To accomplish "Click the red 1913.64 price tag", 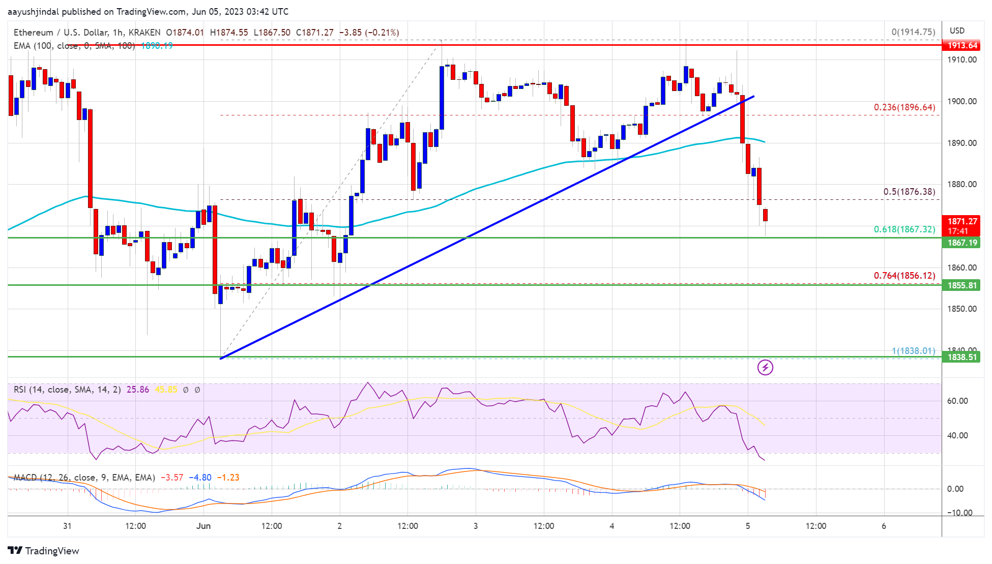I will pos(962,45).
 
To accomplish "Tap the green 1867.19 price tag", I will pos(962,243).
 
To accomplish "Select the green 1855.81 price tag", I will pos(962,285).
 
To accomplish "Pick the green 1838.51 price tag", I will pos(962,357).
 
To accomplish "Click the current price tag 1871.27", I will pos(962,222).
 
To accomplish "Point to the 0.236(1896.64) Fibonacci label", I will pos(904,107).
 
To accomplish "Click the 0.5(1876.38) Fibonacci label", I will pos(909,192).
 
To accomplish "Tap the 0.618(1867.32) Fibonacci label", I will pos(904,229).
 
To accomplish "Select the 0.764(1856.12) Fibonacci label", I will pos(904,276).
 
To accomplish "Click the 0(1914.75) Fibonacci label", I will pos(913,32).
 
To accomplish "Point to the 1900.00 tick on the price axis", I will pos(961,101).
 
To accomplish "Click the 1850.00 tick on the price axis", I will pos(961,309).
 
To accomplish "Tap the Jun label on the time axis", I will pos(203,526).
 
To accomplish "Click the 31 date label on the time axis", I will pos(67,526).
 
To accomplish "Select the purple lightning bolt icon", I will pos(765,367).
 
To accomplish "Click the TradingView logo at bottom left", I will pos(44,551).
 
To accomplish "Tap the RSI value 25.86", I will pos(138,390).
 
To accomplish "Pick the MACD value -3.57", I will pos(172,478).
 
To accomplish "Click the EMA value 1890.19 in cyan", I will pos(157,46).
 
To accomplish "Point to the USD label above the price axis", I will pos(957,31).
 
